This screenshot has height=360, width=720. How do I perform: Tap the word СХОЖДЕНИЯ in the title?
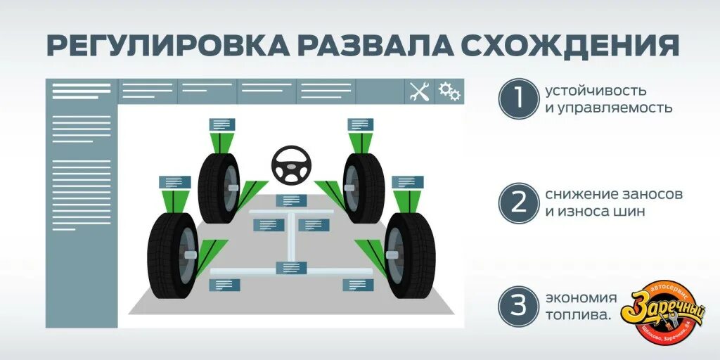click(x=570, y=44)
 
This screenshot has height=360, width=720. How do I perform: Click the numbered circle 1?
click(x=518, y=99)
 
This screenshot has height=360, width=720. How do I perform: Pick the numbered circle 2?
click(x=518, y=203)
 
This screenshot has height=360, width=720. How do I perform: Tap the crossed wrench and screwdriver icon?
click(x=419, y=91)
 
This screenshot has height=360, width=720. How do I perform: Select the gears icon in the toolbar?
click(x=449, y=91)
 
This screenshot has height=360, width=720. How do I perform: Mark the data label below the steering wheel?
click(x=290, y=200)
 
